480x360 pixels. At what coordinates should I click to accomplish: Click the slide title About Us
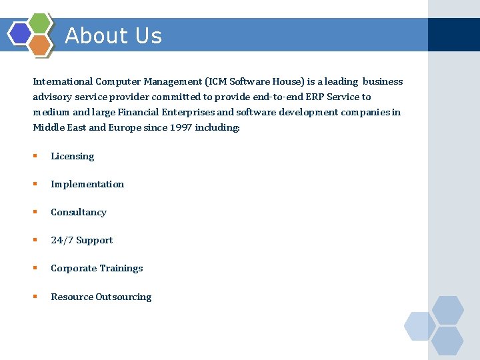click(113, 35)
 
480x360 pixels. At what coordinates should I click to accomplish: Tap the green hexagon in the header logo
click(41, 23)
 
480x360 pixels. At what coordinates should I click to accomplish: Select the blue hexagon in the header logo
click(19, 33)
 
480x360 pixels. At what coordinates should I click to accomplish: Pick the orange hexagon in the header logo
click(40, 45)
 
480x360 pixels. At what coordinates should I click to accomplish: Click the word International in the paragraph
click(63, 82)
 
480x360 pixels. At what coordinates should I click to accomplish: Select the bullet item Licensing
click(72, 156)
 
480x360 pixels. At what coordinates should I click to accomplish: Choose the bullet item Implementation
click(87, 184)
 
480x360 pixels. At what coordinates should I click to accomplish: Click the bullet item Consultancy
click(79, 212)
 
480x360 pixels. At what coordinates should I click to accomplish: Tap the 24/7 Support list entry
click(82, 240)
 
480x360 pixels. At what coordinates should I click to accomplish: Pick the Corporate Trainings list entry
click(97, 268)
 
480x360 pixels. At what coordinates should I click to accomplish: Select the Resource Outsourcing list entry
click(101, 297)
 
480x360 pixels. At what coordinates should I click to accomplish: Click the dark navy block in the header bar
click(453, 35)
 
